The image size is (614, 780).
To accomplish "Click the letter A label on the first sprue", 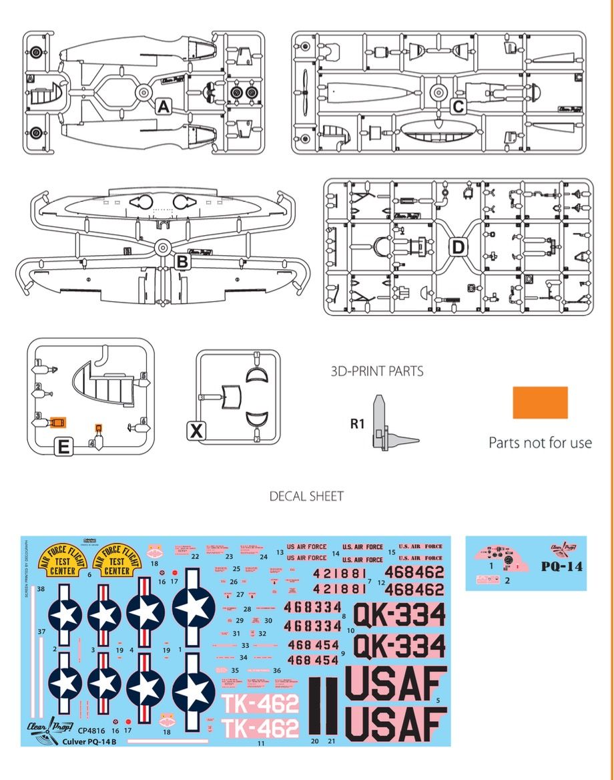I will pos(164,106).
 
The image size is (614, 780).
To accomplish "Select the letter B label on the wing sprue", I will pos(182,262).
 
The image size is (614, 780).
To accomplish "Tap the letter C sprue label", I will pos(458,106).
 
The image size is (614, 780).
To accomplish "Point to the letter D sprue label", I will pos(458,248).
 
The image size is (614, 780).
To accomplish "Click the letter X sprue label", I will pos(196,432).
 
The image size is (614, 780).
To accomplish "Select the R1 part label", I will pos(358,423).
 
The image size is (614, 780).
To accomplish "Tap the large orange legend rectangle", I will pos(540,403).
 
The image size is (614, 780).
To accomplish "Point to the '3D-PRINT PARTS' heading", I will pos(376,371).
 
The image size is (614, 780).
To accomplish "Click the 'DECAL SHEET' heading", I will pos(306,496).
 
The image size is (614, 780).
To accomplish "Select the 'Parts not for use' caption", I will pos(540,442).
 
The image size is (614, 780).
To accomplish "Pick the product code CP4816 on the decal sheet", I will pos(93,731).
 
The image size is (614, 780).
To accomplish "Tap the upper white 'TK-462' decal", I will pos(260,704).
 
